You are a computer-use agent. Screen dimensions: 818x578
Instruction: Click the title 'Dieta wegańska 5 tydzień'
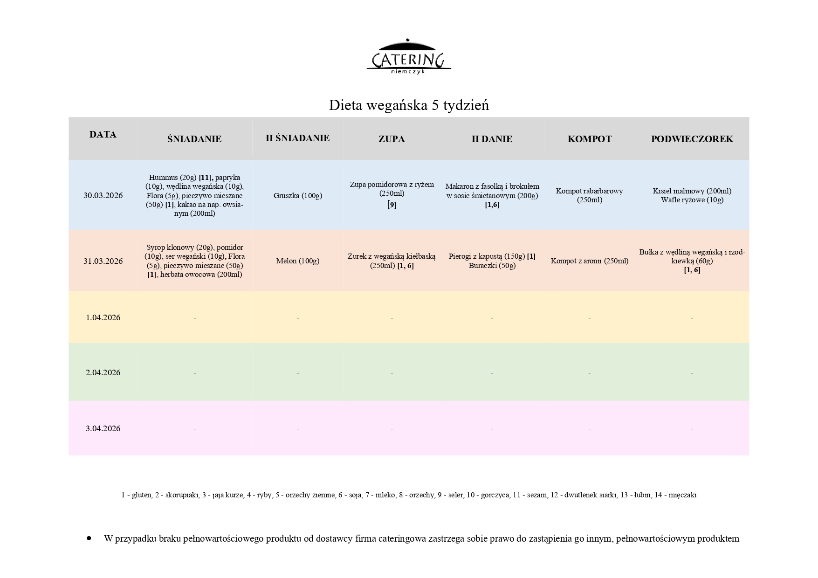409,105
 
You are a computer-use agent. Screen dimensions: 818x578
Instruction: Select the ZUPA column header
392,139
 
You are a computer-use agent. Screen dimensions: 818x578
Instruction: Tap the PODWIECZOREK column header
692,139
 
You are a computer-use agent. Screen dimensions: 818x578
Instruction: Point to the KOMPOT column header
589,139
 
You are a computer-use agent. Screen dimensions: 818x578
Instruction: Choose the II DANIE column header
492,139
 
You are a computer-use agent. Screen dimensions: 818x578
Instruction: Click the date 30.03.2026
103,195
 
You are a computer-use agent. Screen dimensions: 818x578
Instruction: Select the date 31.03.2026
103,261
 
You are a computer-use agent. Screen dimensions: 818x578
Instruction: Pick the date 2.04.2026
103,372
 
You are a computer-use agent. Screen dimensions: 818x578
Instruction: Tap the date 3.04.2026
103,428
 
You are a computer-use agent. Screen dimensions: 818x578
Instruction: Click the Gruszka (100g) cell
297,196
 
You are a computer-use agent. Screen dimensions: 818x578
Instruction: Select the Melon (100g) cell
297,261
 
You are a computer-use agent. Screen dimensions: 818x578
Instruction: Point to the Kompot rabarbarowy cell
589,195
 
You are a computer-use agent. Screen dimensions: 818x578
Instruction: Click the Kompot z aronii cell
589,261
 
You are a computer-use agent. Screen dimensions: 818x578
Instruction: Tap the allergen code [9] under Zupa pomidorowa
392,205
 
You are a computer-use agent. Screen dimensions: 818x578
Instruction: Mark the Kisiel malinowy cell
692,191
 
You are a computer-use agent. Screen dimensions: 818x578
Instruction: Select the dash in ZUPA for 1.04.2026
392,318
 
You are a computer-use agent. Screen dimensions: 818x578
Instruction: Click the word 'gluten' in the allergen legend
142,495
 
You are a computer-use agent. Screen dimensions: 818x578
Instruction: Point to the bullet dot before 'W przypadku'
89,538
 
